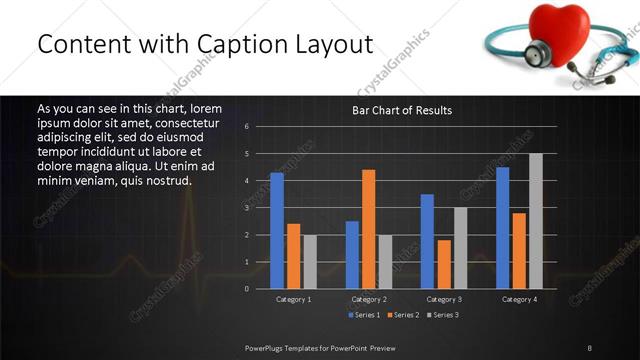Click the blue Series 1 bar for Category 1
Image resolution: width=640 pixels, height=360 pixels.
277,231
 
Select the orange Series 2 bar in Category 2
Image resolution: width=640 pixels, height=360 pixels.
368,229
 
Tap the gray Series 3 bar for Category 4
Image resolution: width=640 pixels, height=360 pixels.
535,221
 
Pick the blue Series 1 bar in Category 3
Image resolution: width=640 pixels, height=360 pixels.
427,241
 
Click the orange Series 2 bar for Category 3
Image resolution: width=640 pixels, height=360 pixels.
443,264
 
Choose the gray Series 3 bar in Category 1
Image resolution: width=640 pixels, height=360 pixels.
309,262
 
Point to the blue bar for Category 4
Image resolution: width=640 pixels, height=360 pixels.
502,228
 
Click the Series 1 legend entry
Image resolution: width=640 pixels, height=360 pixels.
365,315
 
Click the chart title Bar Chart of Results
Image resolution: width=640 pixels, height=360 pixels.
402,110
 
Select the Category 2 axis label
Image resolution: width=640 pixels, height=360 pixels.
368,299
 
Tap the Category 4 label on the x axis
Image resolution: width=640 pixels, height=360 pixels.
518,299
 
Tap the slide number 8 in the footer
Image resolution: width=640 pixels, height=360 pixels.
590,348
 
